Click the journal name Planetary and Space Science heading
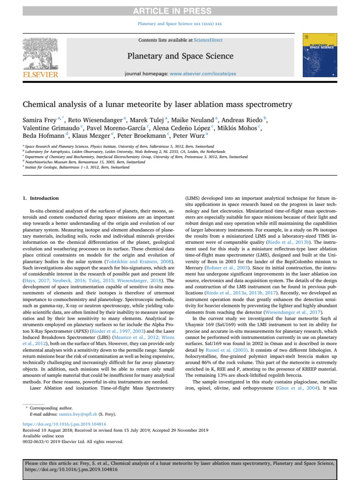coord(180,56)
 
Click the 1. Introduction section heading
coord(41,198)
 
